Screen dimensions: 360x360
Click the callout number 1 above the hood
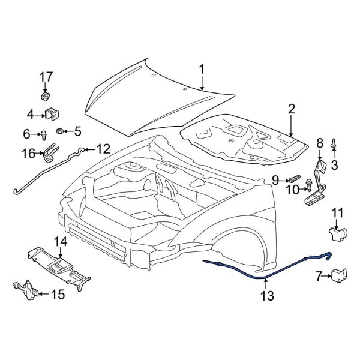(x=202, y=70)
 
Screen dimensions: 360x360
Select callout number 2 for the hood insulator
(x=292, y=109)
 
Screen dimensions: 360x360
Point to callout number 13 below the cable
(x=266, y=296)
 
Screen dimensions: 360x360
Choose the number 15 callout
(x=58, y=294)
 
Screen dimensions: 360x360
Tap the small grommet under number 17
(x=46, y=96)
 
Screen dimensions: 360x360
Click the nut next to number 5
(x=60, y=131)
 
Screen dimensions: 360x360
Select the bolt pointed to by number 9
(x=295, y=178)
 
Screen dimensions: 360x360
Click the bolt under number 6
(x=46, y=136)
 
